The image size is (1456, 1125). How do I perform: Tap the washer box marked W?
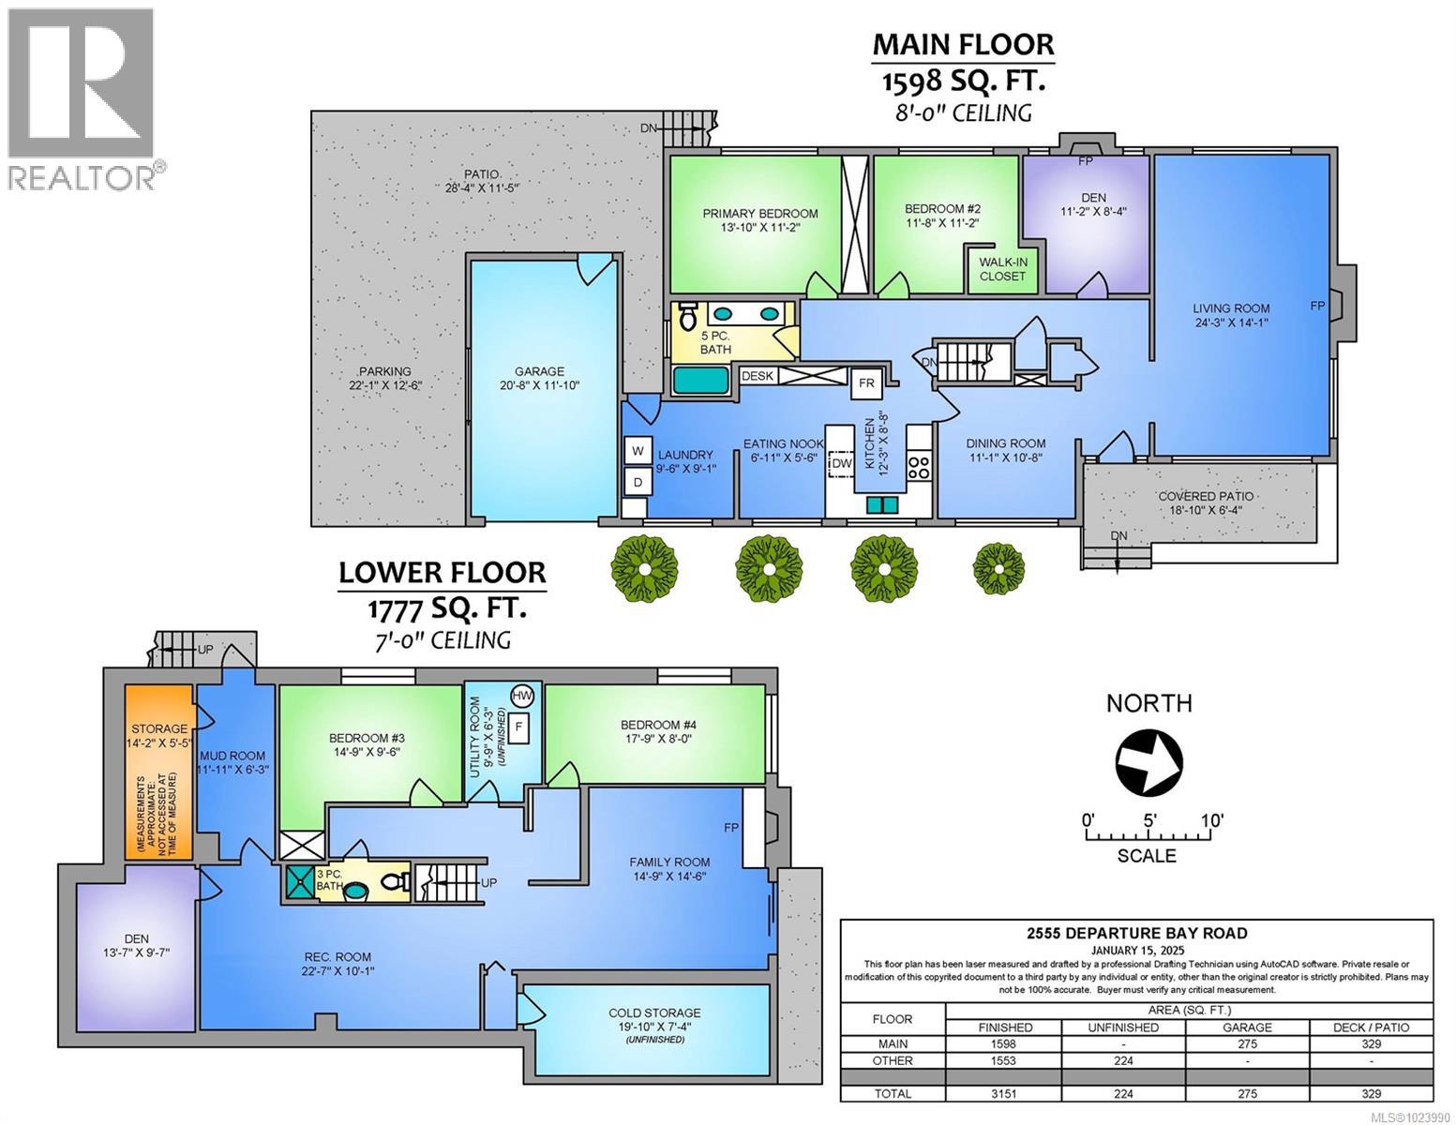click(638, 451)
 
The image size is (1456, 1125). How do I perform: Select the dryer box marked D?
click(638, 482)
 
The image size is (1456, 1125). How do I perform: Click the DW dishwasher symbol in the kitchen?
click(841, 463)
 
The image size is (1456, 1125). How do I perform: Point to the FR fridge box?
click(866, 382)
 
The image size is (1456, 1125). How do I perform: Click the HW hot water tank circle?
click(522, 696)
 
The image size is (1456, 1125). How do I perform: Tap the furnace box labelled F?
click(518, 727)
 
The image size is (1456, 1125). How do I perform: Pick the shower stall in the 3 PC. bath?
click(301, 882)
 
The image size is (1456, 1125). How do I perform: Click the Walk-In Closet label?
click(1002, 269)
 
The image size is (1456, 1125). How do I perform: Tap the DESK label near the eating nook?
click(757, 376)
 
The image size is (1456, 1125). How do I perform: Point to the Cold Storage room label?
click(653, 1012)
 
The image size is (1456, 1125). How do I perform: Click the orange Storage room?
click(158, 772)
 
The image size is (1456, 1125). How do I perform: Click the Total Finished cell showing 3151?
click(1003, 1093)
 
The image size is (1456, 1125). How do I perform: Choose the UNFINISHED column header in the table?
click(1123, 1027)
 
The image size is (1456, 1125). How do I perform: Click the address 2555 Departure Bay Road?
click(1135, 933)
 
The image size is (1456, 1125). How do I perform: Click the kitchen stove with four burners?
click(918, 466)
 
